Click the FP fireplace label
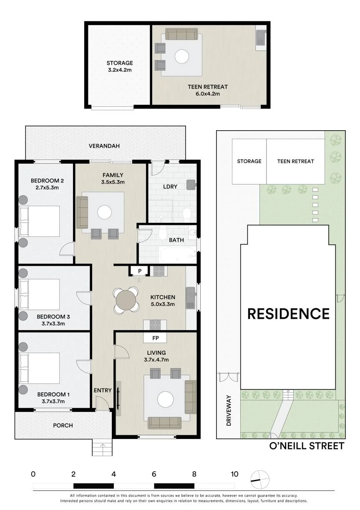click(x=156, y=338)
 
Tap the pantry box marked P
click(x=140, y=271)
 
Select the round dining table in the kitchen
click(x=126, y=300)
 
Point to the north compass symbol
click(x=259, y=480)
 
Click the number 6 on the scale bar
click(x=154, y=473)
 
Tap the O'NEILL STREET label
click(x=307, y=446)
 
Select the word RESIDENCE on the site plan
click(x=288, y=313)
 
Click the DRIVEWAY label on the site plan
click(x=229, y=410)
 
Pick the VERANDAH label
click(x=104, y=146)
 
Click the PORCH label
click(x=63, y=425)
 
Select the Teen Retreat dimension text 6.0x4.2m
click(x=208, y=93)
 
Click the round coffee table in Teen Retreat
click(x=182, y=56)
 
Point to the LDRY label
click(x=170, y=187)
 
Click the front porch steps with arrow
click(x=102, y=447)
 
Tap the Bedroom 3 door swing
click(x=83, y=298)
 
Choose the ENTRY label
click(x=103, y=390)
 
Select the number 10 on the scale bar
click(x=234, y=473)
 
